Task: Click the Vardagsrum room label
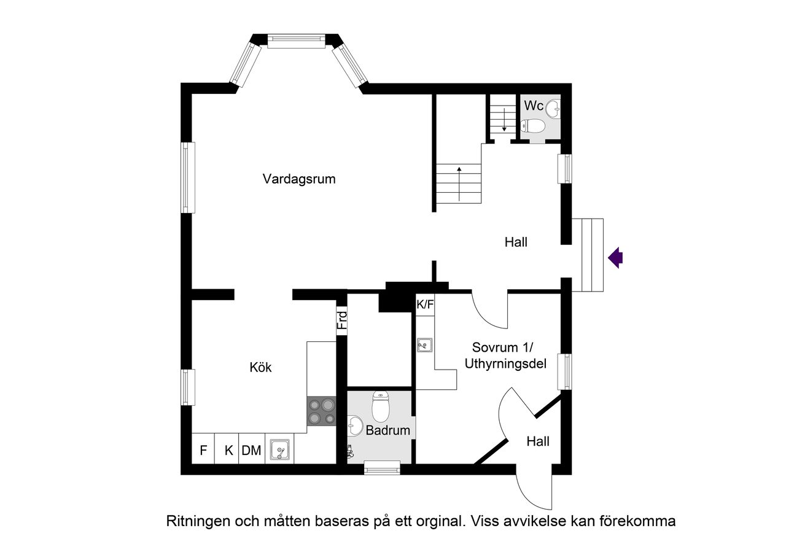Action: pos(299,179)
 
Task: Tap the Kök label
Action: pos(260,368)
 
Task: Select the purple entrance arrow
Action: pos(615,258)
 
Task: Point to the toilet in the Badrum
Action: pos(381,406)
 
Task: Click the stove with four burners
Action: pos(322,411)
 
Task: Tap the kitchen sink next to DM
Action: pos(279,451)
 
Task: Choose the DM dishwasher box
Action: pos(251,451)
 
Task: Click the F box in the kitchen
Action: pos(203,451)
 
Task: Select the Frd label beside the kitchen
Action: pos(342,320)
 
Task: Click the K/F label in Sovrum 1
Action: pos(425,304)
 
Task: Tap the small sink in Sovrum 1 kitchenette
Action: pos(425,346)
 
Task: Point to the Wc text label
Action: pos(533,106)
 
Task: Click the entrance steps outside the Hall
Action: pos(593,255)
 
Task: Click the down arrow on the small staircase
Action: pos(504,119)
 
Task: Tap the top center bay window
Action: pos(295,41)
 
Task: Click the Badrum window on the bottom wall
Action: pos(382,468)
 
